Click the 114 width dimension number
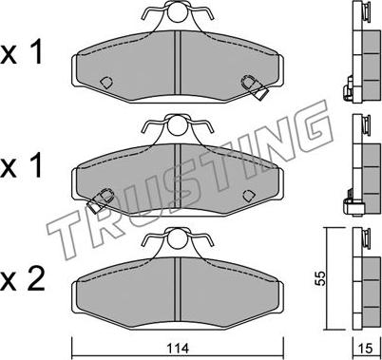pos(178,349)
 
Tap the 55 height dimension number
pos(321,278)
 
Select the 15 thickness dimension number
pos(366,349)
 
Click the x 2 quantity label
pos(22,280)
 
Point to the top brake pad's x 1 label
pos(21,53)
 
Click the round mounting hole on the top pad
pos(178,12)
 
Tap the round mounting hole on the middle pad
pos(178,126)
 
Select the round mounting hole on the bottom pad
pos(178,238)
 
